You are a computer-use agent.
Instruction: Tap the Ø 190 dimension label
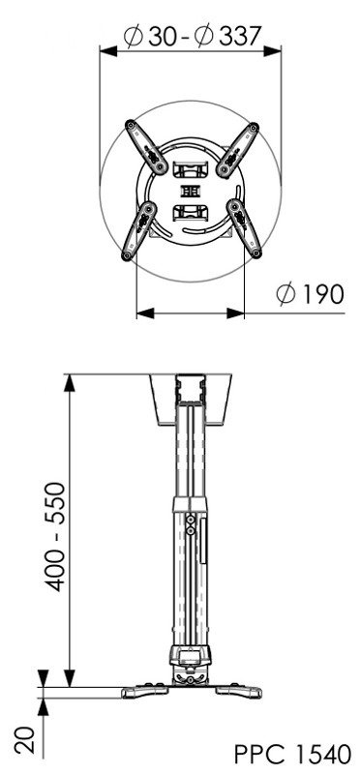[x=309, y=294]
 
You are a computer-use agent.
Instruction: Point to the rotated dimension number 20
[x=27, y=741]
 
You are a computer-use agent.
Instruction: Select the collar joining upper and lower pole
[x=190, y=502]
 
